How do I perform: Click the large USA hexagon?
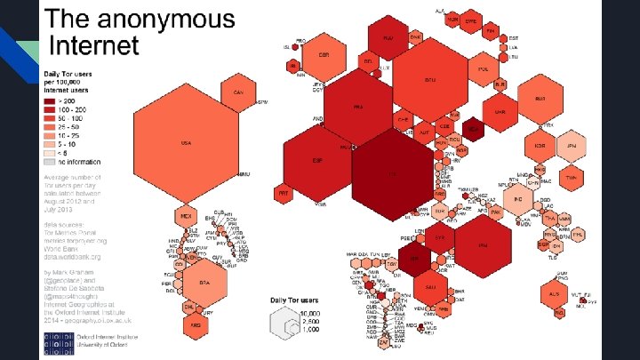tap(187, 142)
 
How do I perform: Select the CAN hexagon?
tap(237, 93)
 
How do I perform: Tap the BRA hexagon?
tap(204, 283)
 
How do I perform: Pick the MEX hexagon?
tap(186, 217)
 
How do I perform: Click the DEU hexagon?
tap(429, 81)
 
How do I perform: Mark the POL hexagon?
tap(484, 68)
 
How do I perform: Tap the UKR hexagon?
tap(500, 112)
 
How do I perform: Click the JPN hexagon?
tap(572, 144)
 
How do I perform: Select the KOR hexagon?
tap(539, 145)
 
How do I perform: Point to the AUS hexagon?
tap(556, 292)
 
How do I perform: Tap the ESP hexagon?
tap(317, 161)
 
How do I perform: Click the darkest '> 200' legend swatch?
tap(51, 101)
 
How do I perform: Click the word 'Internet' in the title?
tap(95, 44)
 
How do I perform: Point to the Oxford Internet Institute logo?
tap(60, 343)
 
